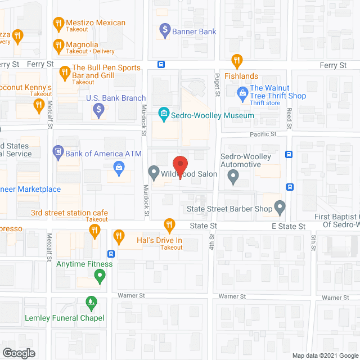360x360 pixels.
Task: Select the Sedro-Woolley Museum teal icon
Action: [x=164, y=115]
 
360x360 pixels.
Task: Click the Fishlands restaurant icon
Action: [x=237, y=60]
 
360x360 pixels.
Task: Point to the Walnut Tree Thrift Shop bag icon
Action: [x=242, y=92]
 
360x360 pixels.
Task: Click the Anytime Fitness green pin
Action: [x=100, y=276]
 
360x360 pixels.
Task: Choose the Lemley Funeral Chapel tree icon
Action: [x=91, y=304]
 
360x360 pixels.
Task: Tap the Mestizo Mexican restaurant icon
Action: [x=58, y=24]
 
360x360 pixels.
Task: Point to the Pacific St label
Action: [x=264, y=134]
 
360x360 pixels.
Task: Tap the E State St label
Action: [x=288, y=226]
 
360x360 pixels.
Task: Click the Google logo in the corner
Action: [x=18, y=353]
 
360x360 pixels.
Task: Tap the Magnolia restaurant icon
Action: [x=58, y=44]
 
